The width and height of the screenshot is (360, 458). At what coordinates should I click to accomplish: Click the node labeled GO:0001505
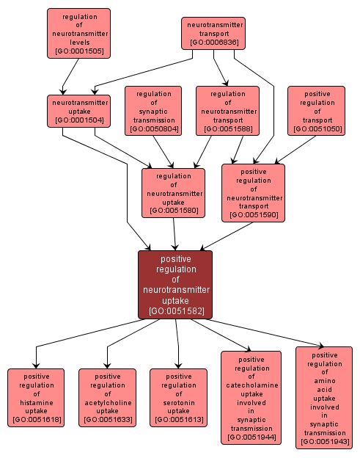pyautogui.click(x=78, y=33)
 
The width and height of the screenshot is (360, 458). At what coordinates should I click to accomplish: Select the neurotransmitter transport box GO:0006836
pyautogui.click(x=213, y=33)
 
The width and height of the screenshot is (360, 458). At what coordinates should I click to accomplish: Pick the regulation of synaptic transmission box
pyautogui.click(x=153, y=110)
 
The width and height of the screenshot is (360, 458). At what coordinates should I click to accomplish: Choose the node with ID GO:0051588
pyautogui.click(x=227, y=110)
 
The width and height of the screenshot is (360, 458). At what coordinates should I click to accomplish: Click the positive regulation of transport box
pyautogui.click(x=316, y=110)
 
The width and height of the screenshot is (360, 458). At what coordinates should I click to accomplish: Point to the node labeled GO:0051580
pyautogui.click(x=173, y=193)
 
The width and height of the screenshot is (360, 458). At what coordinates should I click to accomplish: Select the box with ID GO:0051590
pyautogui.click(x=253, y=192)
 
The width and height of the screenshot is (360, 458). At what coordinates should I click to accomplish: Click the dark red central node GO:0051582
pyautogui.click(x=175, y=285)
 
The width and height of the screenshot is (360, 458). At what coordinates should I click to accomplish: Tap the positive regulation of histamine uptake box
pyautogui.click(x=36, y=398)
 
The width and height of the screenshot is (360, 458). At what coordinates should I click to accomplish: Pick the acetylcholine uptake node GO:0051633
pyautogui.click(x=107, y=398)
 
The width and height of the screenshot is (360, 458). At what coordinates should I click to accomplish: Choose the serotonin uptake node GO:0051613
pyautogui.click(x=178, y=398)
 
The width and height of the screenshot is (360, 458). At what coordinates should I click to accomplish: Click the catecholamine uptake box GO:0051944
pyautogui.click(x=251, y=398)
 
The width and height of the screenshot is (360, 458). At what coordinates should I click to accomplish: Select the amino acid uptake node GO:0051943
pyautogui.click(x=323, y=398)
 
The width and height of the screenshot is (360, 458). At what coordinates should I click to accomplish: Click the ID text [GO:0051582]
pyautogui.click(x=175, y=311)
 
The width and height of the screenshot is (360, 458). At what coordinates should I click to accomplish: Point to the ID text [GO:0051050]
pyautogui.click(x=316, y=129)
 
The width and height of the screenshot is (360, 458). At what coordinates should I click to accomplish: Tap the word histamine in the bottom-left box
pyautogui.click(x=36, y=402)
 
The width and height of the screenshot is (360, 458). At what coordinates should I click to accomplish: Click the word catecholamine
pyautogui.click(x=251, y=385)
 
